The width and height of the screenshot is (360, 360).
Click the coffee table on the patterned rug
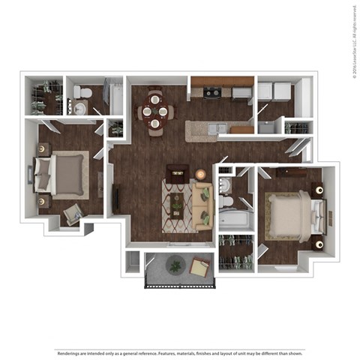(x=177, y=202)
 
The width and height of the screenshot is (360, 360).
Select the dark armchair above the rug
(x=177, y=172)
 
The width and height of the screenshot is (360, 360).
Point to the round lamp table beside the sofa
(x=200, y=174)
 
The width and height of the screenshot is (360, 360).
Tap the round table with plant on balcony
(x=175, y=264)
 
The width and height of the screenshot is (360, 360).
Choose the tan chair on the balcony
(x=200, y=267)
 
